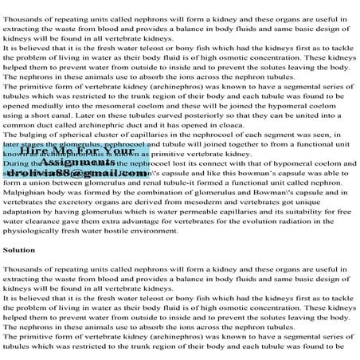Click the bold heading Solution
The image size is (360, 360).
pyautogui.click(x=18, y=249)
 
